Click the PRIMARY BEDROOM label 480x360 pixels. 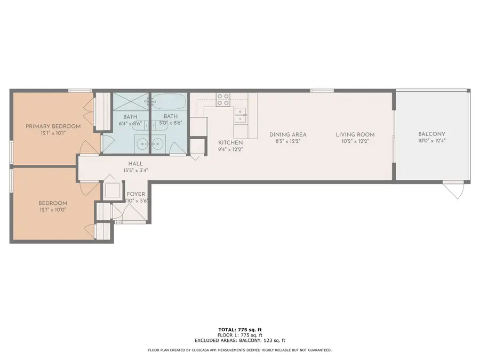point(53,126)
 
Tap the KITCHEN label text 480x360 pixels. point(230,142)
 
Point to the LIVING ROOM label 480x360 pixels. point(355,134)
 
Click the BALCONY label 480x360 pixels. point(431,134)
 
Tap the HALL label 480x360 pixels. point(135,164)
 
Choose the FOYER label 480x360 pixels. point(136,194)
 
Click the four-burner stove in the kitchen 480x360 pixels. point(223,99)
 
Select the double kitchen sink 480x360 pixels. point(241,115)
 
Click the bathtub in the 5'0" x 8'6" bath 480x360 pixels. point(169,101)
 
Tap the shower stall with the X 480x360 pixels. point(131,101)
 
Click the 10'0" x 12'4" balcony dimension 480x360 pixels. point(431,141)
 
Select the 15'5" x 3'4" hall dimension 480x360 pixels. point(135,171)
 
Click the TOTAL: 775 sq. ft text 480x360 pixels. point(239,330)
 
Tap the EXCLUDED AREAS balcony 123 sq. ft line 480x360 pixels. point(239,340)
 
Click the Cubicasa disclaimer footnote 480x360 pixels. point(239,350)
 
